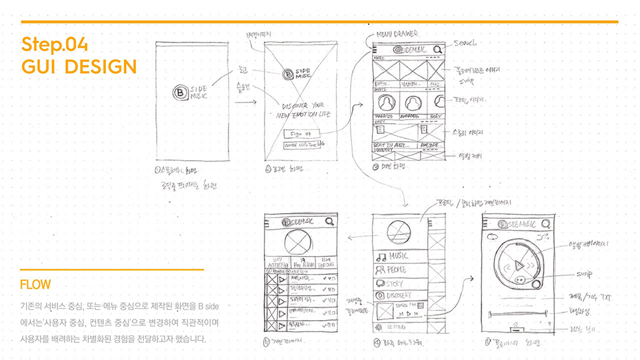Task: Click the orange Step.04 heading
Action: (x=54, y=44)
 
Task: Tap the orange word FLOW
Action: (x=35, y=285)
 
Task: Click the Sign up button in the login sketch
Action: (x=300, y=132)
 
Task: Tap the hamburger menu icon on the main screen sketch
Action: (x=374, y=49)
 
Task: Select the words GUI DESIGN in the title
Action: (x=79, y=67)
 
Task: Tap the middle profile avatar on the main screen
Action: (x=410, y=103)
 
